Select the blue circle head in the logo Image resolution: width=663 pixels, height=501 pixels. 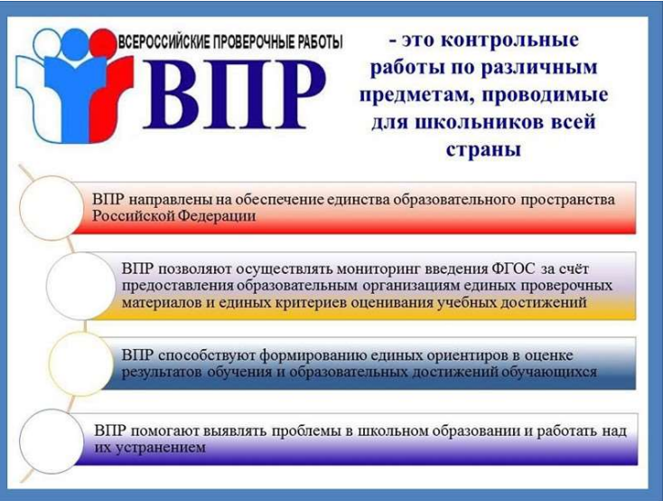76,43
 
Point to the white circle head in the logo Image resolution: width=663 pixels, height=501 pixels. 47,43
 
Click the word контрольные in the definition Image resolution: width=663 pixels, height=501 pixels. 510,41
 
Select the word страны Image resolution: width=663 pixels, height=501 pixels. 483,150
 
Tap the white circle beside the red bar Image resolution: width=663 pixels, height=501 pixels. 51,207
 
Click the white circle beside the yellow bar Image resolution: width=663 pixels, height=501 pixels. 80,286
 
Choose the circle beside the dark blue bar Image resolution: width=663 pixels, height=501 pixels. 81,364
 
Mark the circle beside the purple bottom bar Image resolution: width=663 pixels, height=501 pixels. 51,441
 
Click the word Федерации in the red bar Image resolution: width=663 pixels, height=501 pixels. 217,216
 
